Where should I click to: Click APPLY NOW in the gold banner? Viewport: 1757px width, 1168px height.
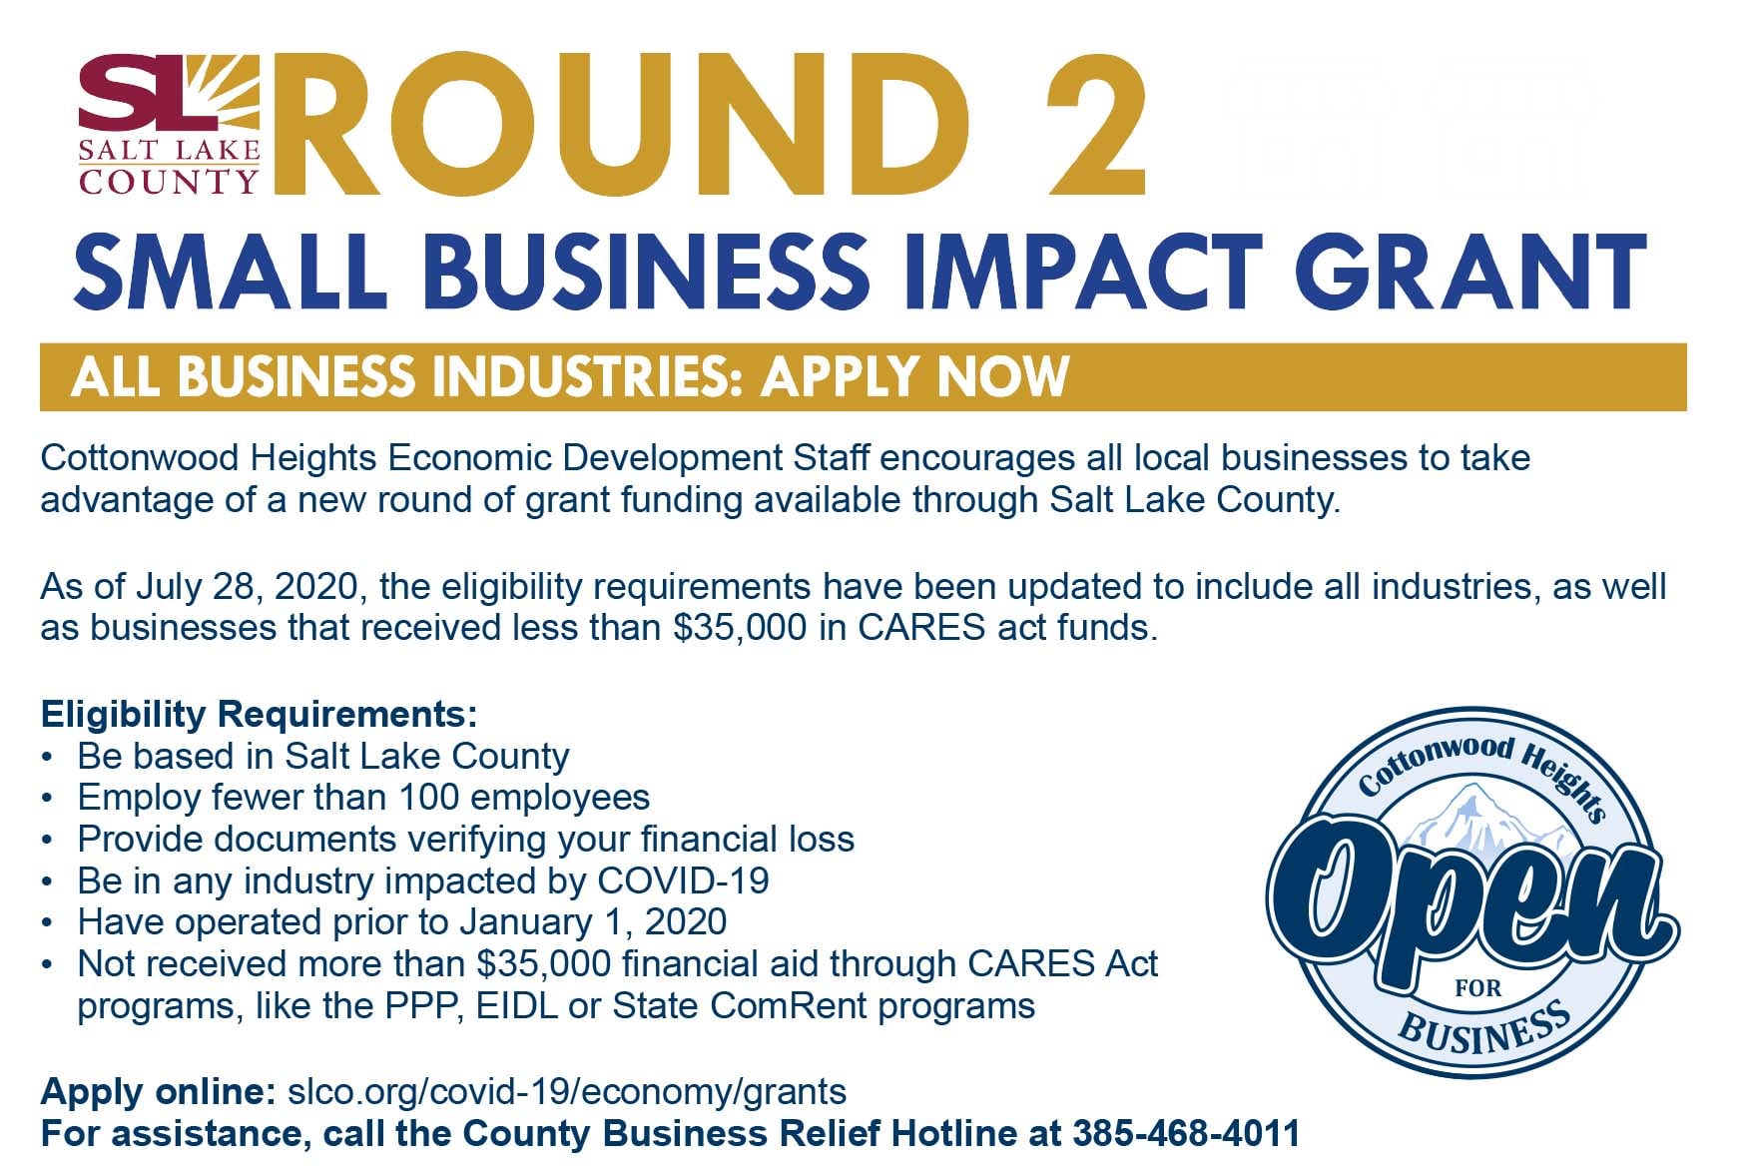[x=914, y=376]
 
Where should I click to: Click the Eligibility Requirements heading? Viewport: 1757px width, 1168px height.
[x=259, y=714]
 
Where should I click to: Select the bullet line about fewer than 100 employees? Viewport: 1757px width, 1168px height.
[x=363, y=798]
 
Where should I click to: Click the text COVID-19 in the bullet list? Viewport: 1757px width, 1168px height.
[x=683, y=880]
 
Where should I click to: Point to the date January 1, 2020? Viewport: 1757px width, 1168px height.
[x=593, y=922]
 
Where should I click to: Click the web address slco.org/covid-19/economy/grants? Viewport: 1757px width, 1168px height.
[x=566, y=1092]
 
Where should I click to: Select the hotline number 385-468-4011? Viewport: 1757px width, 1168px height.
[x=1186, y=1134]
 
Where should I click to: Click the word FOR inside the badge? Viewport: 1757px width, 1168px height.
[x=1478, y=988]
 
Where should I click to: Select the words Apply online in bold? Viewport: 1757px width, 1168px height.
[x=158, y=1092]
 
